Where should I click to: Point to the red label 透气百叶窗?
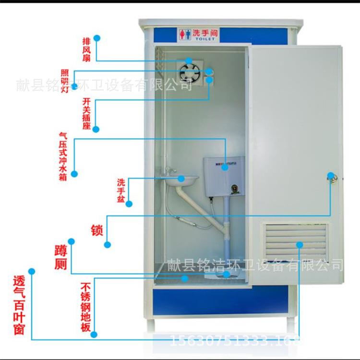(x=19, y=307)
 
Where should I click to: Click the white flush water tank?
(x=224, y=176)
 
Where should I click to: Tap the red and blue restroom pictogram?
(x=185, y=34)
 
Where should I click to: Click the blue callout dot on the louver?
(x=300, y=244)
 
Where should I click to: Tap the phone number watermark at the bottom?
(x=235, y=341)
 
